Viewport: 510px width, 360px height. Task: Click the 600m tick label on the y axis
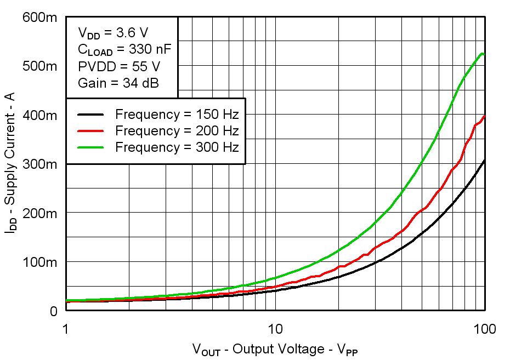(x=40, y=18)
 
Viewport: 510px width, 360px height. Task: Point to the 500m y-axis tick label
(x=40, y=66)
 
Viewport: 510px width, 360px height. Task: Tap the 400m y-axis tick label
(x=40, y=115)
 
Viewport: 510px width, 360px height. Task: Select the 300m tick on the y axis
(x=40, y=164)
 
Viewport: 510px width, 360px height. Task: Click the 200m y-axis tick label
(x=40, y=213)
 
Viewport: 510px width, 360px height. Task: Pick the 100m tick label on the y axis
(x=40, y=262)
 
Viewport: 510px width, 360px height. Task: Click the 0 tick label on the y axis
(x=53, y=311)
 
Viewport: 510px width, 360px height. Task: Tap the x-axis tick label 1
(x=66, y=329)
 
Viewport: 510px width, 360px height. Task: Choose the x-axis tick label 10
(x=275, y=329)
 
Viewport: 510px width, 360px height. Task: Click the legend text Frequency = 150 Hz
(x=177, y=115)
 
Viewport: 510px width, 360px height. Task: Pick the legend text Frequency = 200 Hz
(x=177, y=131)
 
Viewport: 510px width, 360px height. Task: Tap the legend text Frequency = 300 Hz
(x=177, y=147)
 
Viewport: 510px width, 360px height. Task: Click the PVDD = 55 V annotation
(x=119, y=66)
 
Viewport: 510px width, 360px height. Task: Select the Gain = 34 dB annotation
(x=119, y=83)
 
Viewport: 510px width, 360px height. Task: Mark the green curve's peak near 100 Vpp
(x=482, y=54)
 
